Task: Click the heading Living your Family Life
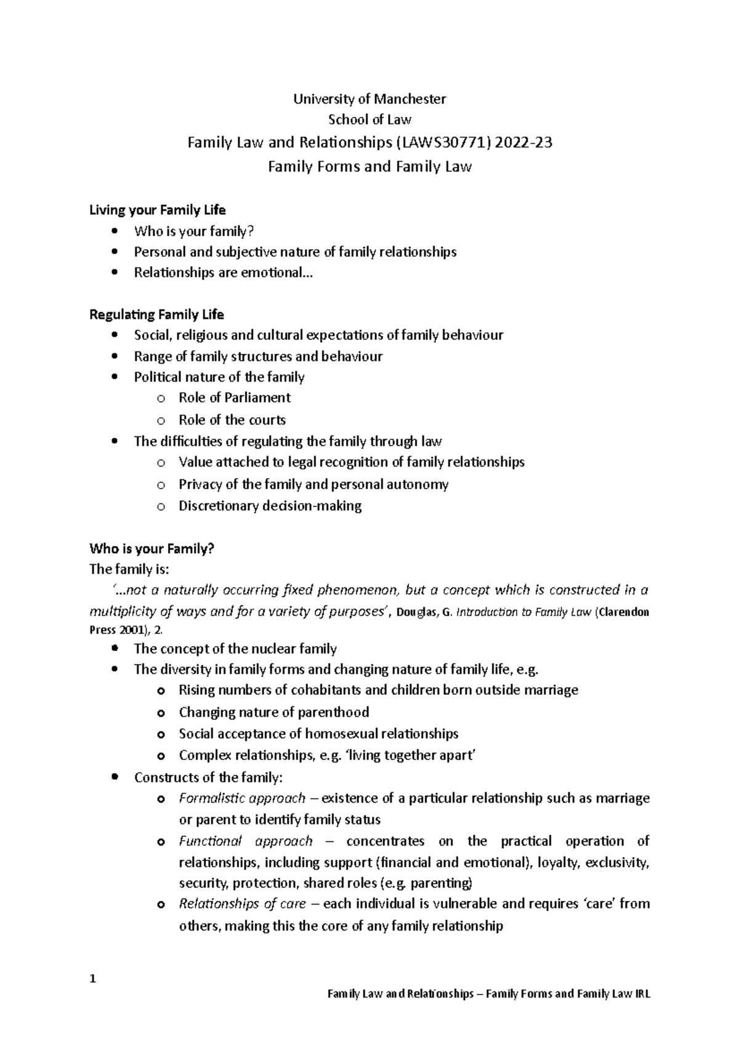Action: click(x=158, y=210)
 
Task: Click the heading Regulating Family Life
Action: click(x=156, y=314)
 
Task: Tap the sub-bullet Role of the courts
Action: click(x=232, y=420)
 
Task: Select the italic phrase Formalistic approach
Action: click(x=242, y=798)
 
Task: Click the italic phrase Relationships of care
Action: click(x=242, y=904)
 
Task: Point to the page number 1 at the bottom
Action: click(x=92, y=979)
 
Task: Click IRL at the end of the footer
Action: click(x=642, y=994)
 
